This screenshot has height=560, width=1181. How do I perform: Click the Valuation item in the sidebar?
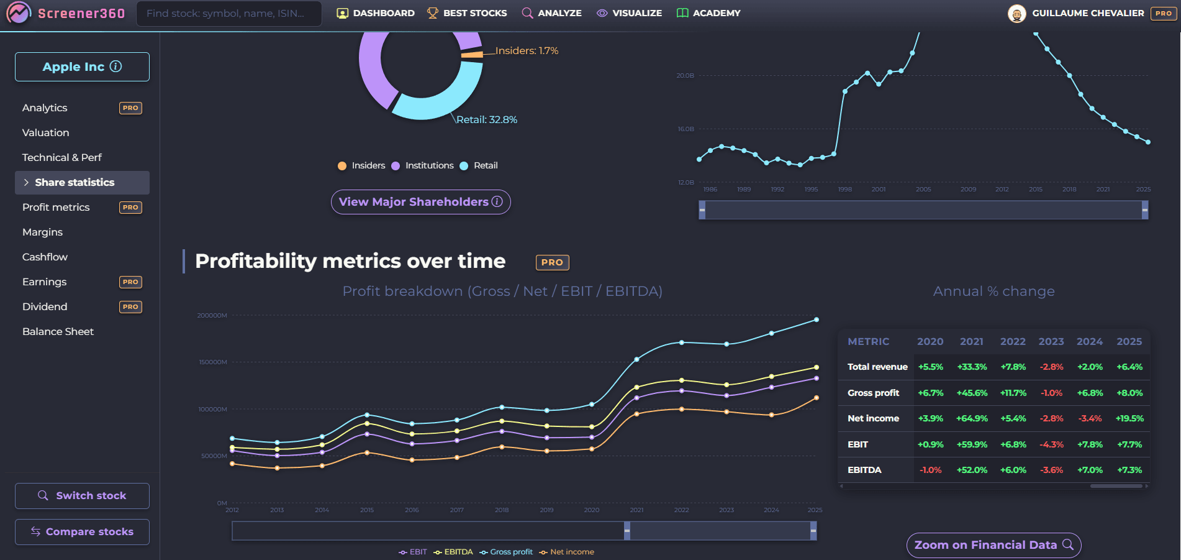tap(46, 132)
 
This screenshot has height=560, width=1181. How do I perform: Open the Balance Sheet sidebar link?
tap(58, 331)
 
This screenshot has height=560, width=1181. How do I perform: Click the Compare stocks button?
tap(82, 531)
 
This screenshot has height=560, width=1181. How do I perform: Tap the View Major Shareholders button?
tap(420, 202)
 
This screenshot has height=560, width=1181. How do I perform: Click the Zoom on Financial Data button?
tap(993, 545)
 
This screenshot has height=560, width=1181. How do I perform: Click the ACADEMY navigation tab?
tap(708, 13)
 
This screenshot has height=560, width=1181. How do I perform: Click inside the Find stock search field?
tap(229, 13)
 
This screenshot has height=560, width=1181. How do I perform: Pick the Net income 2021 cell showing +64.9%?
tap(972, 418)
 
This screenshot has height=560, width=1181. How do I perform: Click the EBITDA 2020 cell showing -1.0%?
tap(930, 470)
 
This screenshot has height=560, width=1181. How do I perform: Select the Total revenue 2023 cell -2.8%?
tap(1051, 367)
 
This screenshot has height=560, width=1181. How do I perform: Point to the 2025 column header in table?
tap(1129, 341)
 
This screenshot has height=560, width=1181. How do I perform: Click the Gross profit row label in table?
tap(873, 393)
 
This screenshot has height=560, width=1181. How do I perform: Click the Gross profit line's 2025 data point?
tap(817, 319)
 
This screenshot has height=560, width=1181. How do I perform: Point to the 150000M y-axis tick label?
tap(213, 362)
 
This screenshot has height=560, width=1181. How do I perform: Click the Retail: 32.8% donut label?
tap(487, 119)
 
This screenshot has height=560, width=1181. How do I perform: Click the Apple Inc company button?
tap(82, 67)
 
